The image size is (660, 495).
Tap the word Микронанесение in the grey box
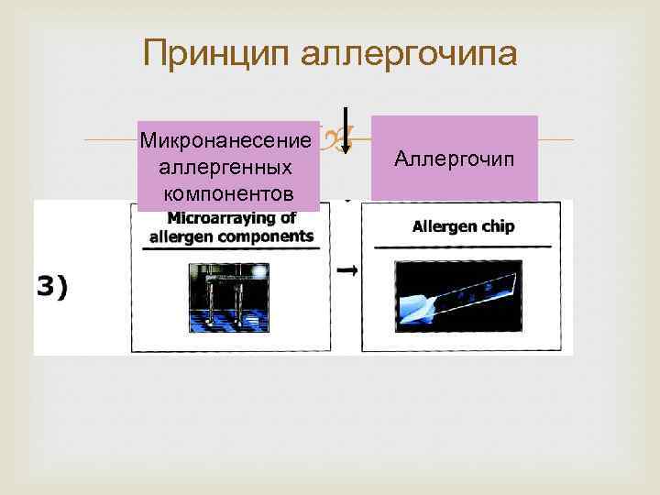[226, 141]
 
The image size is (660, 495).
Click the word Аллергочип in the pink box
[455, 158]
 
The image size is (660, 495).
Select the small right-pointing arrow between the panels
[346, 270]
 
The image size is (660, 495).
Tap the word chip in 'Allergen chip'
[495, 225]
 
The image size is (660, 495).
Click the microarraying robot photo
[228, 294]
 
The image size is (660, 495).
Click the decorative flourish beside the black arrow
[331, 138]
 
